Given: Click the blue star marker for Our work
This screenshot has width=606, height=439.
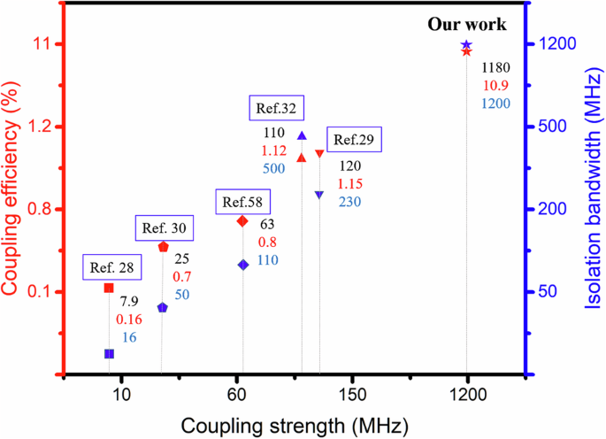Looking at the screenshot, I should pyautogui.click(x=466, y=44).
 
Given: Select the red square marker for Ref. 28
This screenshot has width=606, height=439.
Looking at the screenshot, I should pyautogui.click(x=109, y=288).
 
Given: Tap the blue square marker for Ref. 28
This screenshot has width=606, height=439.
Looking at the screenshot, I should pyautogui.click(x=109, y=353).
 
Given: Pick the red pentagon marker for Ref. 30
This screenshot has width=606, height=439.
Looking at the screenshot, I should pyautogui.click(x=163, y=246).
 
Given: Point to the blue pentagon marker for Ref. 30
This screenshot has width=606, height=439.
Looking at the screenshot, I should pyautogui.click(x=162, y=307).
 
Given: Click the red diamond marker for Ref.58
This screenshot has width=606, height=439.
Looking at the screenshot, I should pyautogui.click(x=242, y=220).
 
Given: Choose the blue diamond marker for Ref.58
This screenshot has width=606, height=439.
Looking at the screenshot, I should pyautogui.click(x=242, y=265).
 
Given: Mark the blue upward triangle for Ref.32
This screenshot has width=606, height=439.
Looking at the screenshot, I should pyautogui.click(x=302, y=135).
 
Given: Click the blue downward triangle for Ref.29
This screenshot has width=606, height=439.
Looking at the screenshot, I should pyautogui.click(x=319, y=195).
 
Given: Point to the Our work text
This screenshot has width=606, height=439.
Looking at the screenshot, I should pyautogui.click(x=467, y=25).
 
